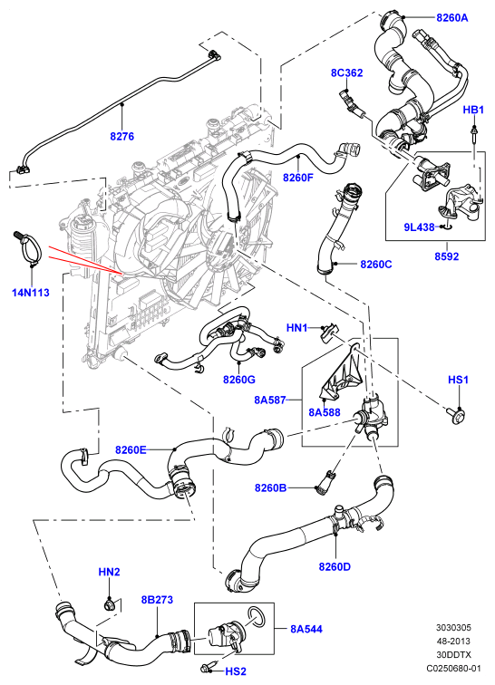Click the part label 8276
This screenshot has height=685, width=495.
(122, 136)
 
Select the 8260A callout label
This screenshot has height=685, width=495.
(452, 17)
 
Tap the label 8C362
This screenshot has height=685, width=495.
(346, 72)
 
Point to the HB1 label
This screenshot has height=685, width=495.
(473, 110)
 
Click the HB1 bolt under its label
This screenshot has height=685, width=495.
(473, 134)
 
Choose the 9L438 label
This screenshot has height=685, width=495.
(419, 227)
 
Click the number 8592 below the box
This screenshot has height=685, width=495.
(446, 256)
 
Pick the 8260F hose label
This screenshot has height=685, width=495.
(298, 178)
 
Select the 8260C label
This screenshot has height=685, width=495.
(376, 265)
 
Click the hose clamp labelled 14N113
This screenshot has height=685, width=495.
(29, 246)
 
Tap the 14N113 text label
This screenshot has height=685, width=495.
(31, 293)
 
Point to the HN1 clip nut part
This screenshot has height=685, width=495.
(330, 333)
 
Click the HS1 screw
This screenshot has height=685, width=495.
(456, 415)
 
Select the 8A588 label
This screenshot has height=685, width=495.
(324, 412)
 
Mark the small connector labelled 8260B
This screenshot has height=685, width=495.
(324, 483)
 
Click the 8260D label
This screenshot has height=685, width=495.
(335, 566)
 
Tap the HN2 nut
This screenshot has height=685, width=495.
(109, 605)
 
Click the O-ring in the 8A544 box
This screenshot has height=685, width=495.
(257, 617)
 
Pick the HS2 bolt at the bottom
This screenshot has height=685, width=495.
(208, 667)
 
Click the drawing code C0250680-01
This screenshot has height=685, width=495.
(453, 668)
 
